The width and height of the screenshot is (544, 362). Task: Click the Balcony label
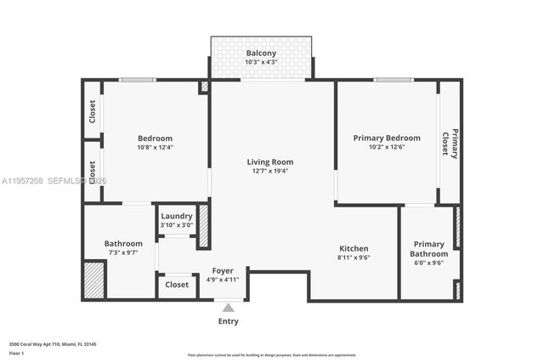261,53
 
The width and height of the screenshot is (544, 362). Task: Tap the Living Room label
269,161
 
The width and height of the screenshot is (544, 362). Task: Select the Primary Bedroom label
387,138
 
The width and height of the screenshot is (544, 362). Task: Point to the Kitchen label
354,248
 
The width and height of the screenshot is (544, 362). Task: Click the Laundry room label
176,216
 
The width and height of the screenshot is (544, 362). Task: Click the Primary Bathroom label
428,248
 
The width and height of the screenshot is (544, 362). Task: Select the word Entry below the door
228,321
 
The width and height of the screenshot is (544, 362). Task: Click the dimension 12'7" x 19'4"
269,171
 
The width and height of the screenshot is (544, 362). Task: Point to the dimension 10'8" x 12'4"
155,148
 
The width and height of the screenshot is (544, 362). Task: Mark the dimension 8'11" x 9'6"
354,257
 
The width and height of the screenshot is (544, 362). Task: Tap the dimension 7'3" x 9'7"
122,252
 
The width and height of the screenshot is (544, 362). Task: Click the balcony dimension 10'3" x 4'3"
261,62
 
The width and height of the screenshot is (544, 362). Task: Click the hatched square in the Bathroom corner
93,280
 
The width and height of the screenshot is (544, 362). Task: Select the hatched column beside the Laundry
203,226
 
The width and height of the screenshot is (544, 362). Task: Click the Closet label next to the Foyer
177,285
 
